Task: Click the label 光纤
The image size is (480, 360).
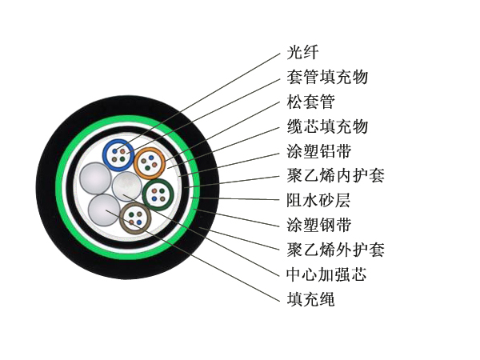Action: [302, 52]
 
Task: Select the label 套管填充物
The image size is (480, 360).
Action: [327, 77]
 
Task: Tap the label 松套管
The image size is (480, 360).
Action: [310, 102]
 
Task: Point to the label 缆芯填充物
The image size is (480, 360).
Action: [327, 126]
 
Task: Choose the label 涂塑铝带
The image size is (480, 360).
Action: [319, 151]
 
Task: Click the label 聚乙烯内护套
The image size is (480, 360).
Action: [335, 175]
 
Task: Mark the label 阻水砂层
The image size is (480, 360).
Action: [318, 200]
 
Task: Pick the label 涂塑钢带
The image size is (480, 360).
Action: [319, 225]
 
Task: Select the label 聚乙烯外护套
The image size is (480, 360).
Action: [335, 250]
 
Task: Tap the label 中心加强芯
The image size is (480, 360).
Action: [327, 274]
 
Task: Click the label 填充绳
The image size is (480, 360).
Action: [310, 298]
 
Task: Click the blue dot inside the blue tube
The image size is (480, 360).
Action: [114, 151]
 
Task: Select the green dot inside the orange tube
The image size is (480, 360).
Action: [147, 167]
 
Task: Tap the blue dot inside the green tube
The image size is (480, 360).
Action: [154, 198]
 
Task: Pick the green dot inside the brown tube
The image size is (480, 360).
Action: [132, 214]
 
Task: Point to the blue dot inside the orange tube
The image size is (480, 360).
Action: [151, 158]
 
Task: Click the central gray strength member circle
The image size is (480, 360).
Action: [126, 186]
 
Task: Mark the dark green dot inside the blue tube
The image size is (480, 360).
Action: [122, 159]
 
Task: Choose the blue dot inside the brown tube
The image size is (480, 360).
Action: [139, 222]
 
